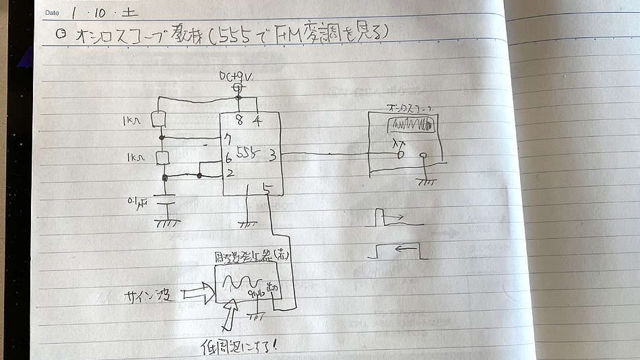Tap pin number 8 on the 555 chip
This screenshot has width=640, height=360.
click(239, 121)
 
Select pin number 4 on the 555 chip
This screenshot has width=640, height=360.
click(257, 121)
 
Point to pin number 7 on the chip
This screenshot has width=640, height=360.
click(229, 139)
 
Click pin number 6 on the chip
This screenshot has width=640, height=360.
click(229, 160)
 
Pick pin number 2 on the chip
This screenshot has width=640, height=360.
click(229, 174)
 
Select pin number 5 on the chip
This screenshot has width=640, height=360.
click(268, 189)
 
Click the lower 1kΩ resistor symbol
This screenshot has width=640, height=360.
click(162, 158)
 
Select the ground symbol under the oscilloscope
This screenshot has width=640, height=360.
click(425, 181)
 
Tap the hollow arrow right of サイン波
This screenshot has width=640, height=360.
click(197, 291)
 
